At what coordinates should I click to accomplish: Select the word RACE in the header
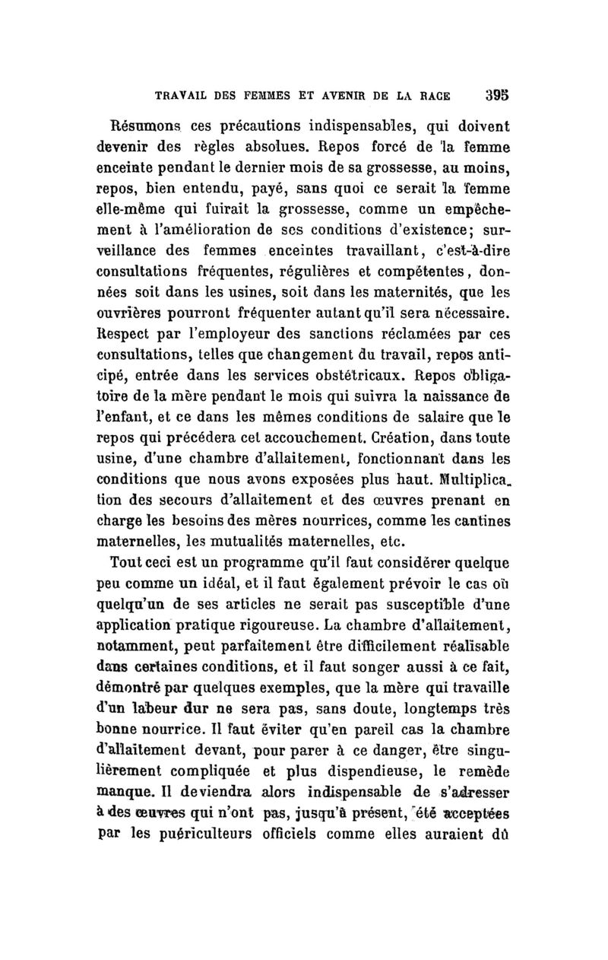click(432, 98)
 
